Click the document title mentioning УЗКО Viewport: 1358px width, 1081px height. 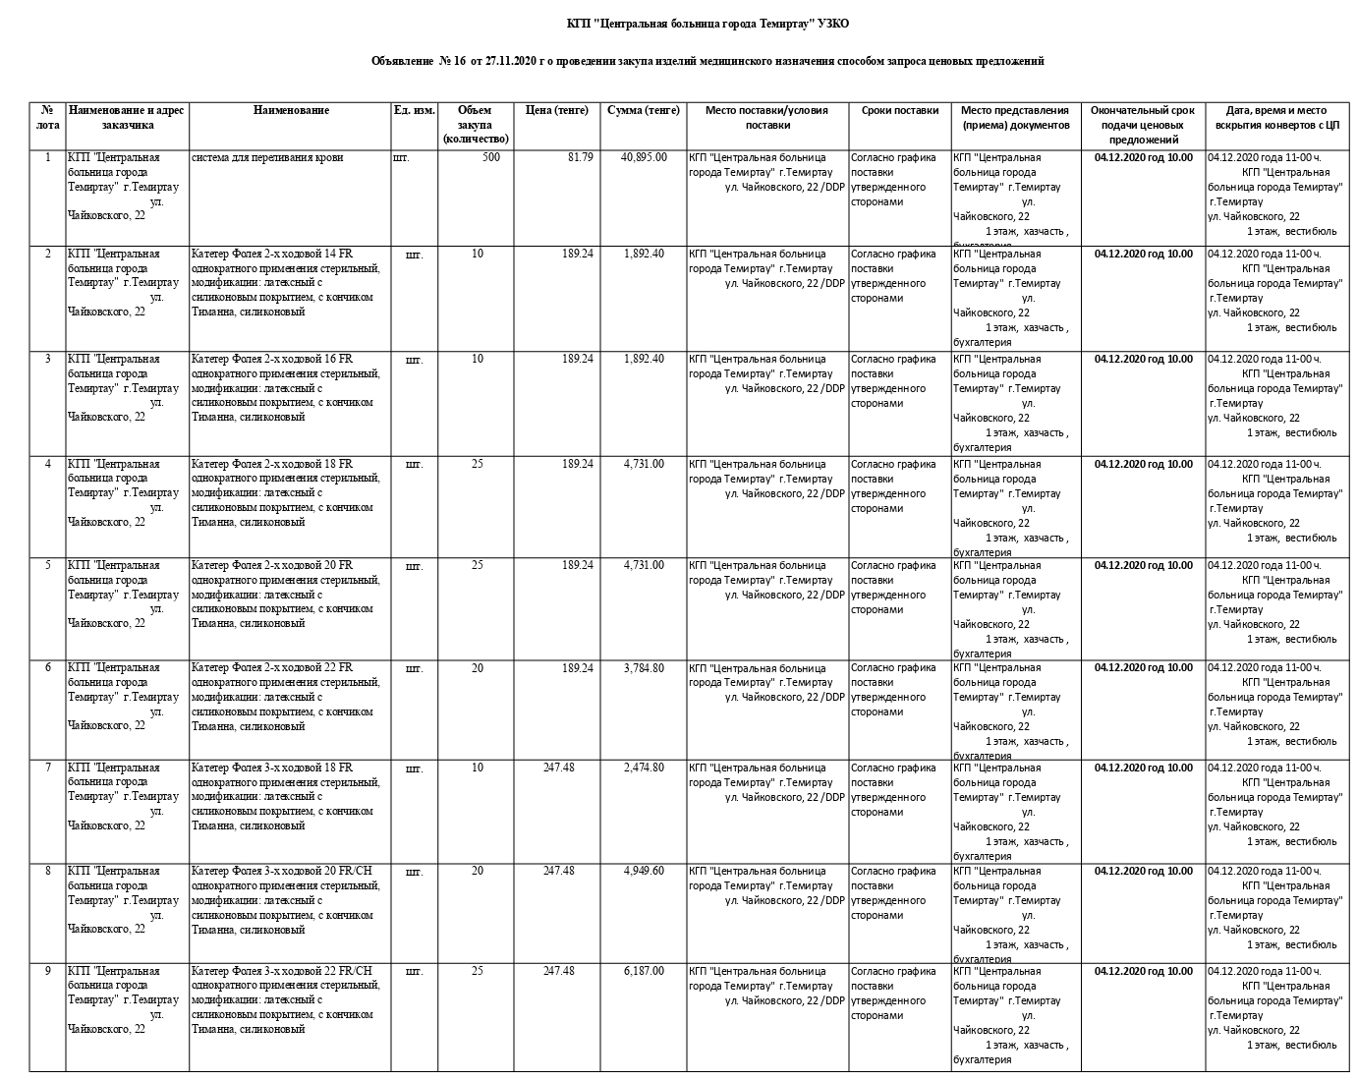click(707, 24)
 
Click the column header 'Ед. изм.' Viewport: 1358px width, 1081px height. click(414, 111)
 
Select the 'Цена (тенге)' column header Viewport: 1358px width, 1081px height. click(556, 111)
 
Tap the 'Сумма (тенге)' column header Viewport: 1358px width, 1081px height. click(644, 111)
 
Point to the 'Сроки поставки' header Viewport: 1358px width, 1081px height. click(900, 111)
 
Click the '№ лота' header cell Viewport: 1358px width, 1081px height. click(47, 118)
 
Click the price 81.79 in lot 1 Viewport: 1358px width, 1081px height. click(580, 157)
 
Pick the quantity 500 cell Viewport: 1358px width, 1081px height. click(491, 157)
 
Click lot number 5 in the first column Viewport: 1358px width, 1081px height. click(47, 565)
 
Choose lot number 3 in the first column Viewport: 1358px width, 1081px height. click(47, 359)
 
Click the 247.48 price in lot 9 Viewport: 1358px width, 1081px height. click(558, 971)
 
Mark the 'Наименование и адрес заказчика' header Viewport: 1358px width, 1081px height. click(127, 118)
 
